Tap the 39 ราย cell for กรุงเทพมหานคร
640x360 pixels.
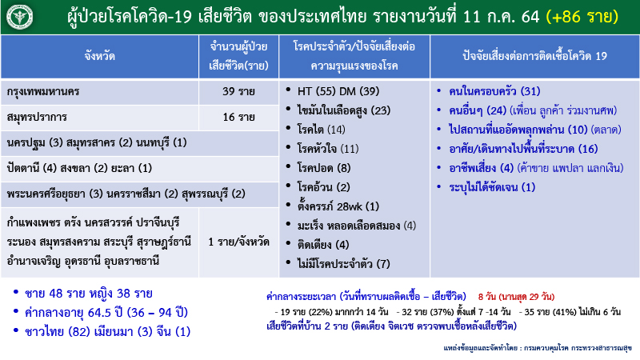click(239, 91)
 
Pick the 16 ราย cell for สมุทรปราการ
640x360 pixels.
click(239, 118)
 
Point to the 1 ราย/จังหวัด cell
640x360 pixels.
click(239, 241)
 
